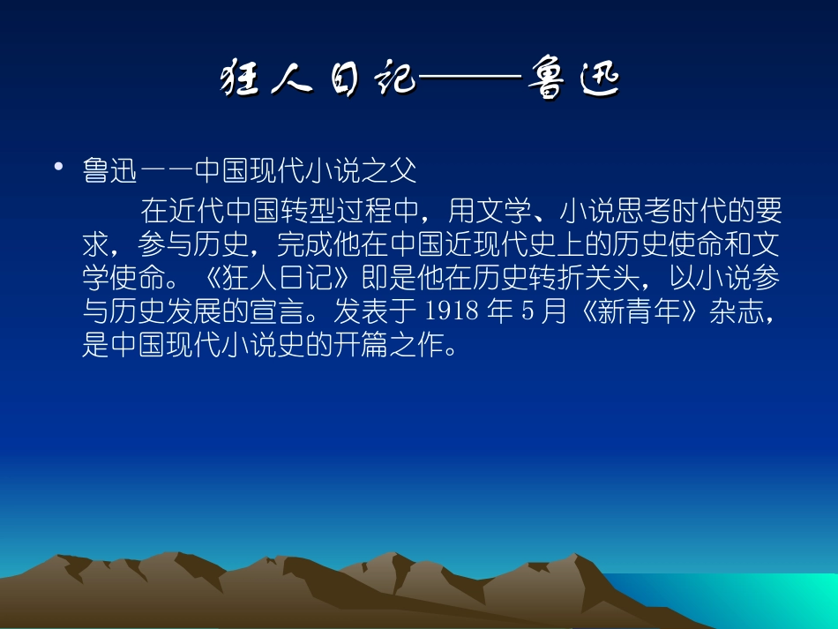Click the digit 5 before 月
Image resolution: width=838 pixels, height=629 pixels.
tap(526, 311)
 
